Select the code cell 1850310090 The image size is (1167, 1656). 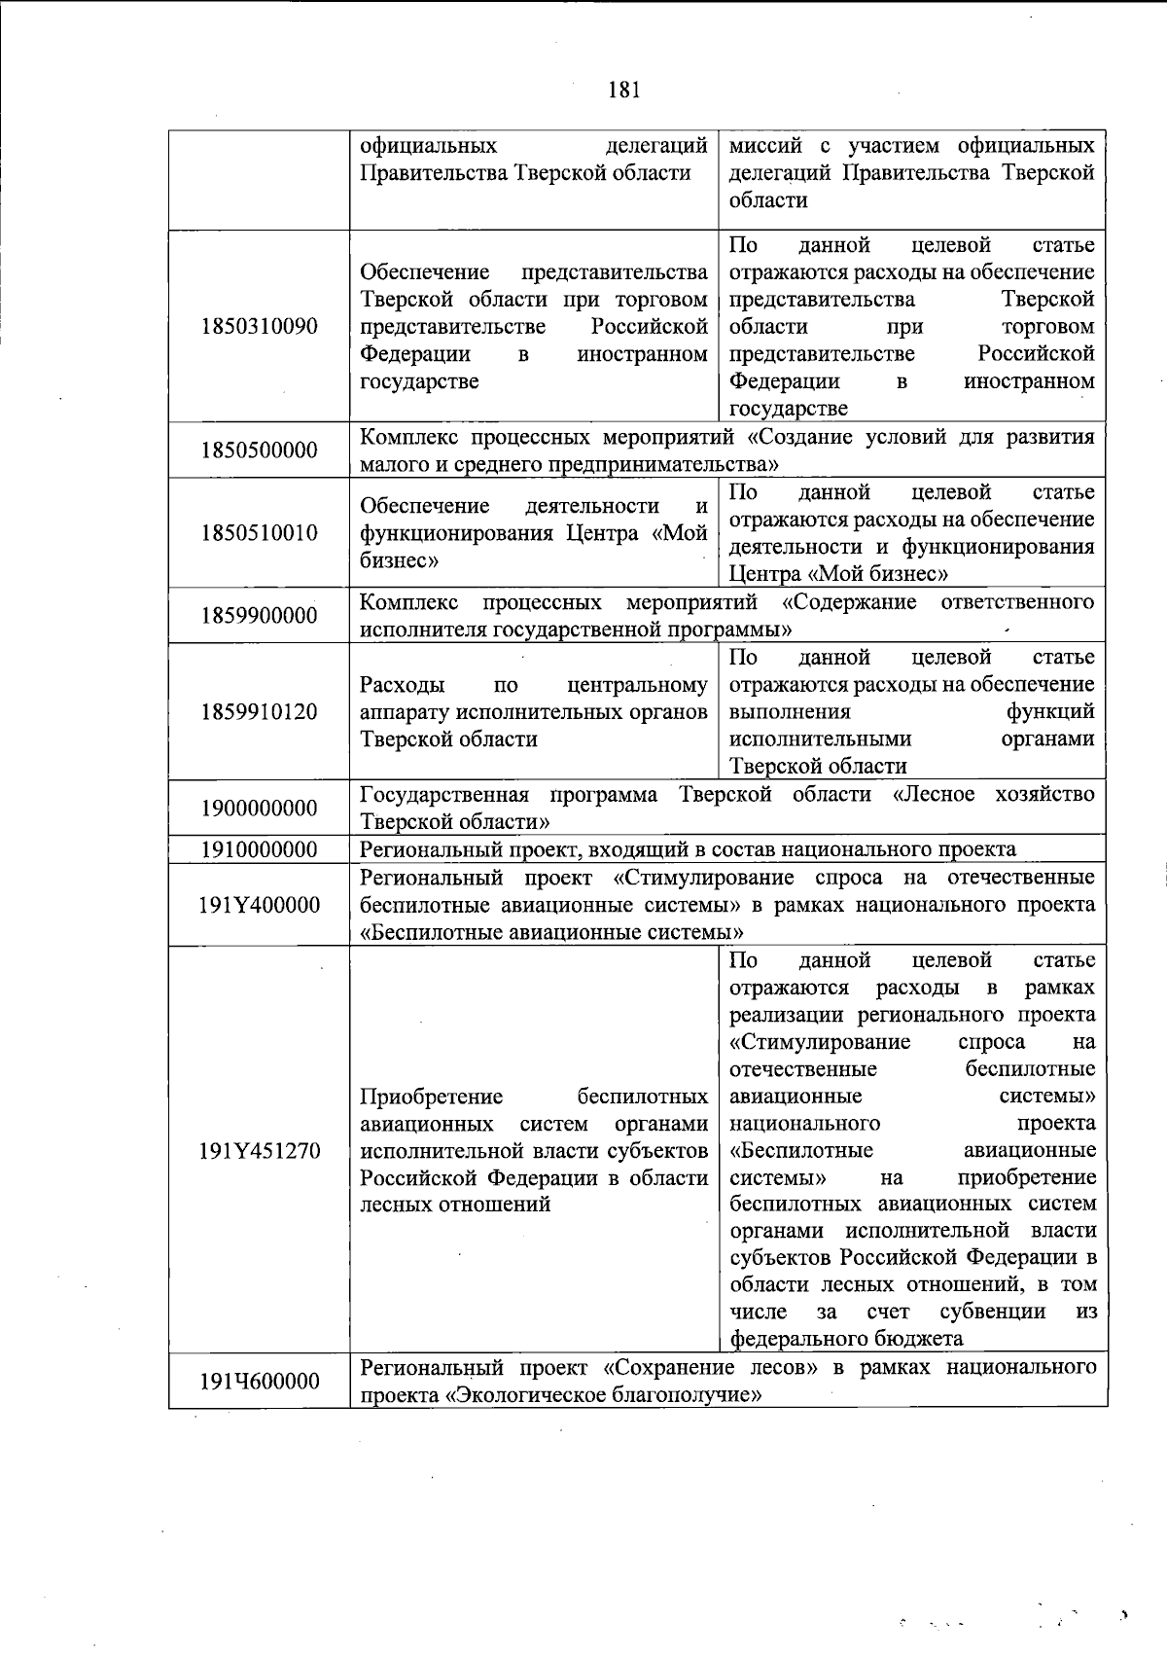[260, 326]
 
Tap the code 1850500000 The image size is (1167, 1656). [260, 450]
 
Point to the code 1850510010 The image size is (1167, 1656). [260, 533]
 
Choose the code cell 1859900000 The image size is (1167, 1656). [260, 616]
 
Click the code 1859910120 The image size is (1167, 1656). [260, 711]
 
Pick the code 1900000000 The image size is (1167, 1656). [260, 809]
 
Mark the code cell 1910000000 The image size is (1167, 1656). [260, 849]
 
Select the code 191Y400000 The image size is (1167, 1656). [260, 905]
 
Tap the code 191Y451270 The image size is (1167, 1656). [260, 1150]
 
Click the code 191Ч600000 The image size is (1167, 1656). [260, 1382]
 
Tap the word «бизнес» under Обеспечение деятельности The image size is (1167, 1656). [398, 561]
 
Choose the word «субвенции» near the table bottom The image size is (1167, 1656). [993, 1311]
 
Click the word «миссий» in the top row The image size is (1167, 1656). [765, 146]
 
